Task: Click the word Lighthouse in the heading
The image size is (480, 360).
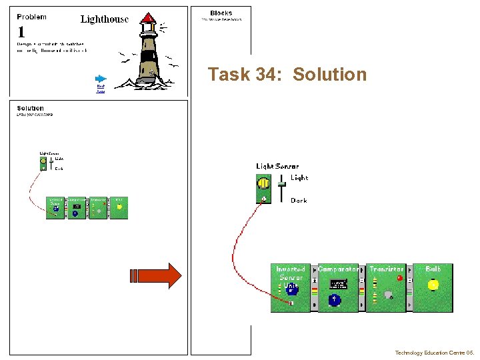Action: tap(105, 19)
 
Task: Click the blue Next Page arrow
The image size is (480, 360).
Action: tap(101, 78)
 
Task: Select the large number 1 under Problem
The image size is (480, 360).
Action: tap(22, 32)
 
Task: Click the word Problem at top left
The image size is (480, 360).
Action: tap(32, 17)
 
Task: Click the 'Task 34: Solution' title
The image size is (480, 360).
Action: tap(287, 74)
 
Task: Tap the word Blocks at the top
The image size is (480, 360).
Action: tap(221, 13)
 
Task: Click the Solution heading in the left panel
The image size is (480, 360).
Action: tap(30, 108)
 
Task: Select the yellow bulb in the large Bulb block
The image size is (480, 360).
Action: tap(433, 285)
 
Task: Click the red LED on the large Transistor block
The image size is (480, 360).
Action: tap(399, 278)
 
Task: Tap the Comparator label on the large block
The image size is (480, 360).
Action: tap(338, 269)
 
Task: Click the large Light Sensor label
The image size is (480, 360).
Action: tap(277, 166)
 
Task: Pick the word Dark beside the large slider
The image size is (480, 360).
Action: tap(299, 200)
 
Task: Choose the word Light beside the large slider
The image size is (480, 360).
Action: tap(299, 178)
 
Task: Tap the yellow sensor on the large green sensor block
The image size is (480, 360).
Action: tap(263, 183)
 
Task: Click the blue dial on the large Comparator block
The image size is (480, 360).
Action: tap(335, 300)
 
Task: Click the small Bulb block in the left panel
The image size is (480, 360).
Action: tap(119, 207)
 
